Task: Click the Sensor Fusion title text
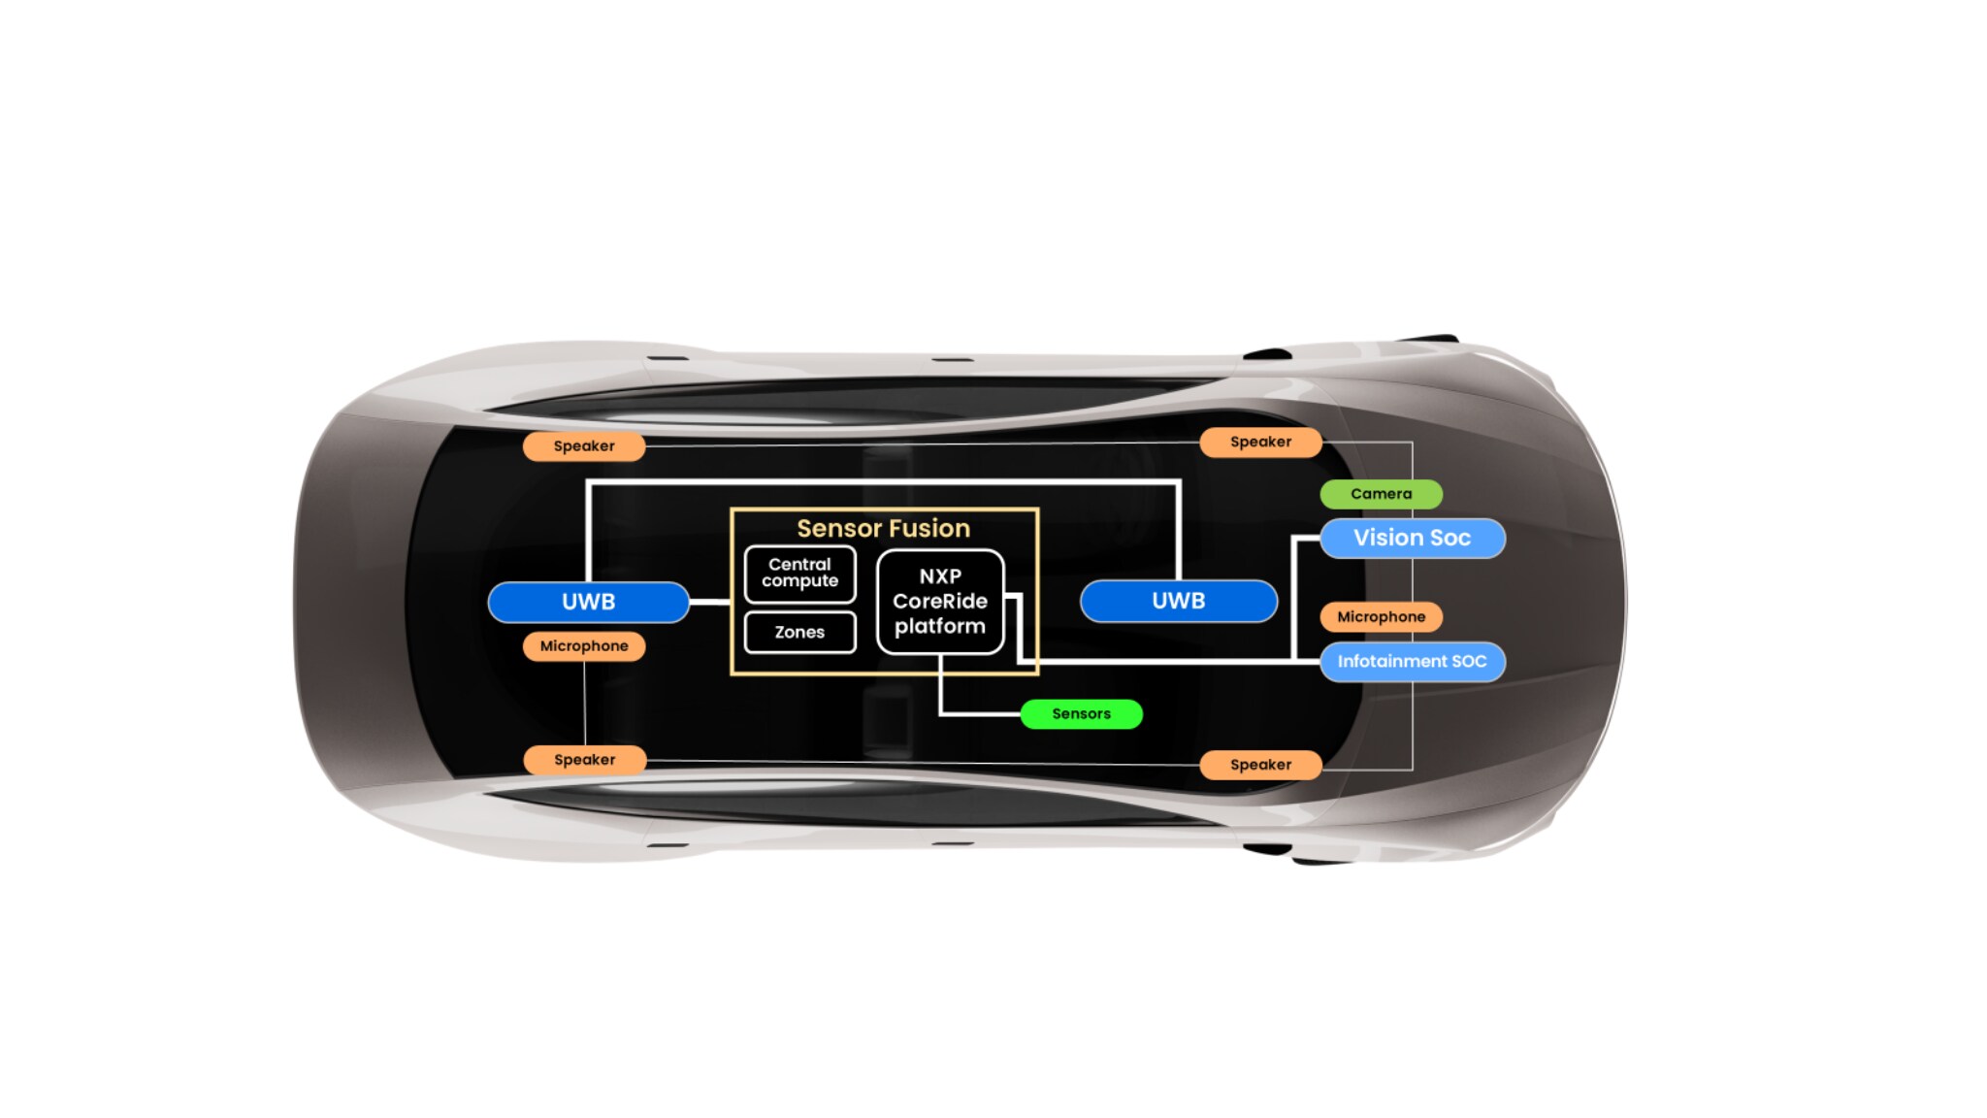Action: pos(883,528)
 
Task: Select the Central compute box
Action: pos(799,574)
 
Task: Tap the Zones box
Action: pos(799,632)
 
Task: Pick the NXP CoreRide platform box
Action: pos(939,602)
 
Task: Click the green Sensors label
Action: pos(1081,714)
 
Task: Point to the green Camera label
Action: pos(1381,494)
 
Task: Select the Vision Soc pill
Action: pos(1412,538)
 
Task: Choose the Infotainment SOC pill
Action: pos(1412,662)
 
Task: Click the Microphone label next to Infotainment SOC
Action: pos(1381,617)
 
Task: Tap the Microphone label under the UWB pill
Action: pos(584,646)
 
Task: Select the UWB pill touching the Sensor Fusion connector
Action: pos(588,602)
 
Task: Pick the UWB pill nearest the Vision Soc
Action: pos(1178,602)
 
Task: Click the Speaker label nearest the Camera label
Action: pos(1260,443)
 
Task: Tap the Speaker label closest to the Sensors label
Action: pos(1260,765)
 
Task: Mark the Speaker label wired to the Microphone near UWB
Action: pos(584,760)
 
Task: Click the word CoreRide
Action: pos(939,602)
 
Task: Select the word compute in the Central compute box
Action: pos(799,581)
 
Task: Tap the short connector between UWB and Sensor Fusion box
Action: pos(709,602)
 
